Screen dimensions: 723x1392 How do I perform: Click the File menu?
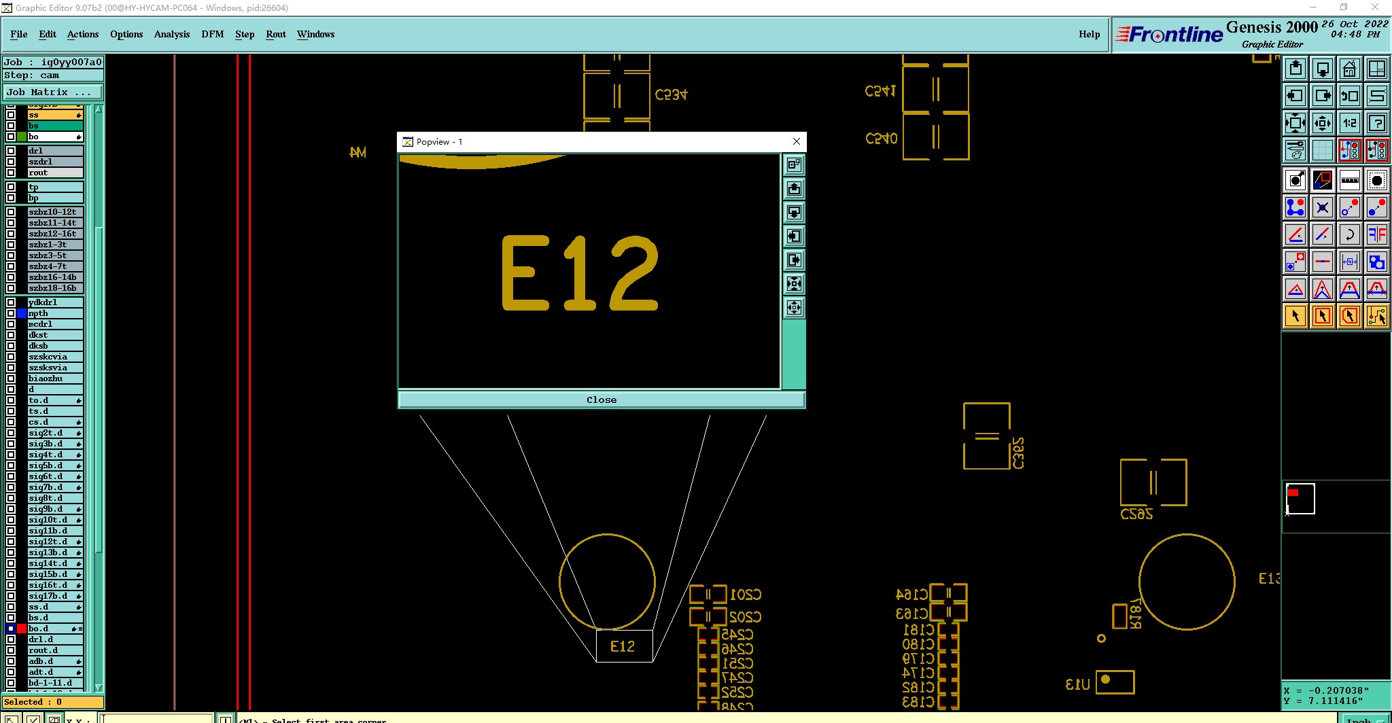coord(18,34)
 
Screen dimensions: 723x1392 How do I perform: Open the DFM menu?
coord(212,34)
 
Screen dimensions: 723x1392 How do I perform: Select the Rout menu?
coord(275,34)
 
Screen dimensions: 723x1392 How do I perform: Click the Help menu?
coord(1089,34)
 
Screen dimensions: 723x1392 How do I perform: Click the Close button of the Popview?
coord(602,400)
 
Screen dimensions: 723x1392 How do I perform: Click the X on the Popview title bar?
coord(797,141)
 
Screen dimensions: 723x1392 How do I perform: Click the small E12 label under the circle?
coord(623,646)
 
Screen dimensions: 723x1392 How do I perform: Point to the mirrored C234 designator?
coord(671,94)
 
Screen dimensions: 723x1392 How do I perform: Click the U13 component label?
coord(1078,684)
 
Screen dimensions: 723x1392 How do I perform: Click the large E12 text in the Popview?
coord(580,273)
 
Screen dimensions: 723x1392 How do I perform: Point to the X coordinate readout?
coord(1325,690)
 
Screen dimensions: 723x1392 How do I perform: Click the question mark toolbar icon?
coord(1376,123)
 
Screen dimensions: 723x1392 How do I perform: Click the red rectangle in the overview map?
coord(1293,493)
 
